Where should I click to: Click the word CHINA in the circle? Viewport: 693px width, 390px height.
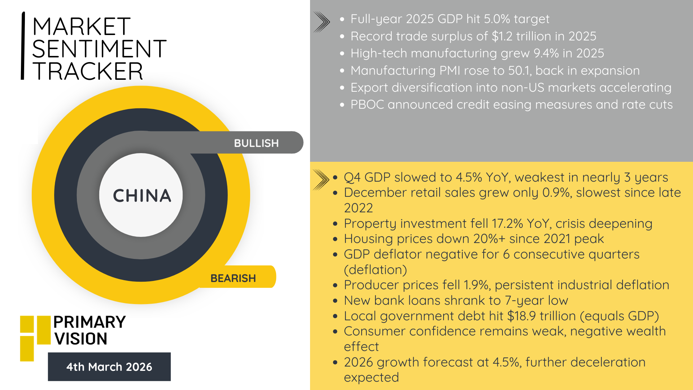(x=142, y=196)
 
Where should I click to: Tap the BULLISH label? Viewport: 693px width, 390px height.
(x=256, y=143)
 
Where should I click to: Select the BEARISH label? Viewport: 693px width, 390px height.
(x=233, y=278)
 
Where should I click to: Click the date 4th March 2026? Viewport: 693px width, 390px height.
(x=109, y=367)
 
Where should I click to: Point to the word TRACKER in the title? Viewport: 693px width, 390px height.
(x=88, y=71)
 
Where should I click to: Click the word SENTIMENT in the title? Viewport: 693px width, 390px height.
(x=99, y=49)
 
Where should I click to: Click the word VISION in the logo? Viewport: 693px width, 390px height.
(x=81, y=339)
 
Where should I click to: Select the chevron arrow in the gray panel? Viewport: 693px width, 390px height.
(x=322, y=22)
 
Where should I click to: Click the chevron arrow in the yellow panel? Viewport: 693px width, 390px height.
(x=321, y=179)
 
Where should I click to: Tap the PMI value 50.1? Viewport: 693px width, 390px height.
(x=519, y=70)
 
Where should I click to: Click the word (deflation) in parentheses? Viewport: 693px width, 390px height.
(x=375, y=270)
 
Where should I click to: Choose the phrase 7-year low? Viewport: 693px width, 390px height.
(x=536, y=300)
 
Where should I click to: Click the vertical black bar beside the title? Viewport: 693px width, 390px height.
(x=23, y=46)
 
